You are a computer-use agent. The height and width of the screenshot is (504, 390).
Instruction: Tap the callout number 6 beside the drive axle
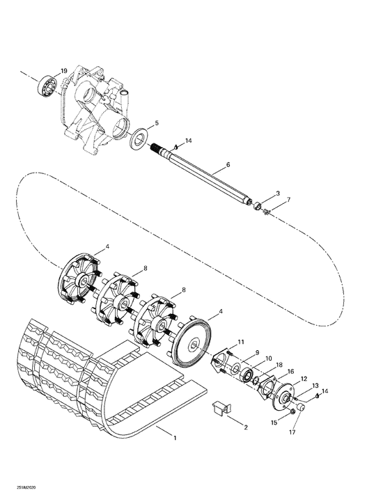pyautogui.click(x=228, y=167)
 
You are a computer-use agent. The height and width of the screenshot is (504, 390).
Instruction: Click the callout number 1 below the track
pyautogui.click(x=175, y=438)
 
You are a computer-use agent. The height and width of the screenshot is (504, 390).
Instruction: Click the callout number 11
pyautogui.click(x=241, y=342)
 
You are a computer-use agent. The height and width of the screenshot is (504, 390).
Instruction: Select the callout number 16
pyautogui.click(x=290, y=372)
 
